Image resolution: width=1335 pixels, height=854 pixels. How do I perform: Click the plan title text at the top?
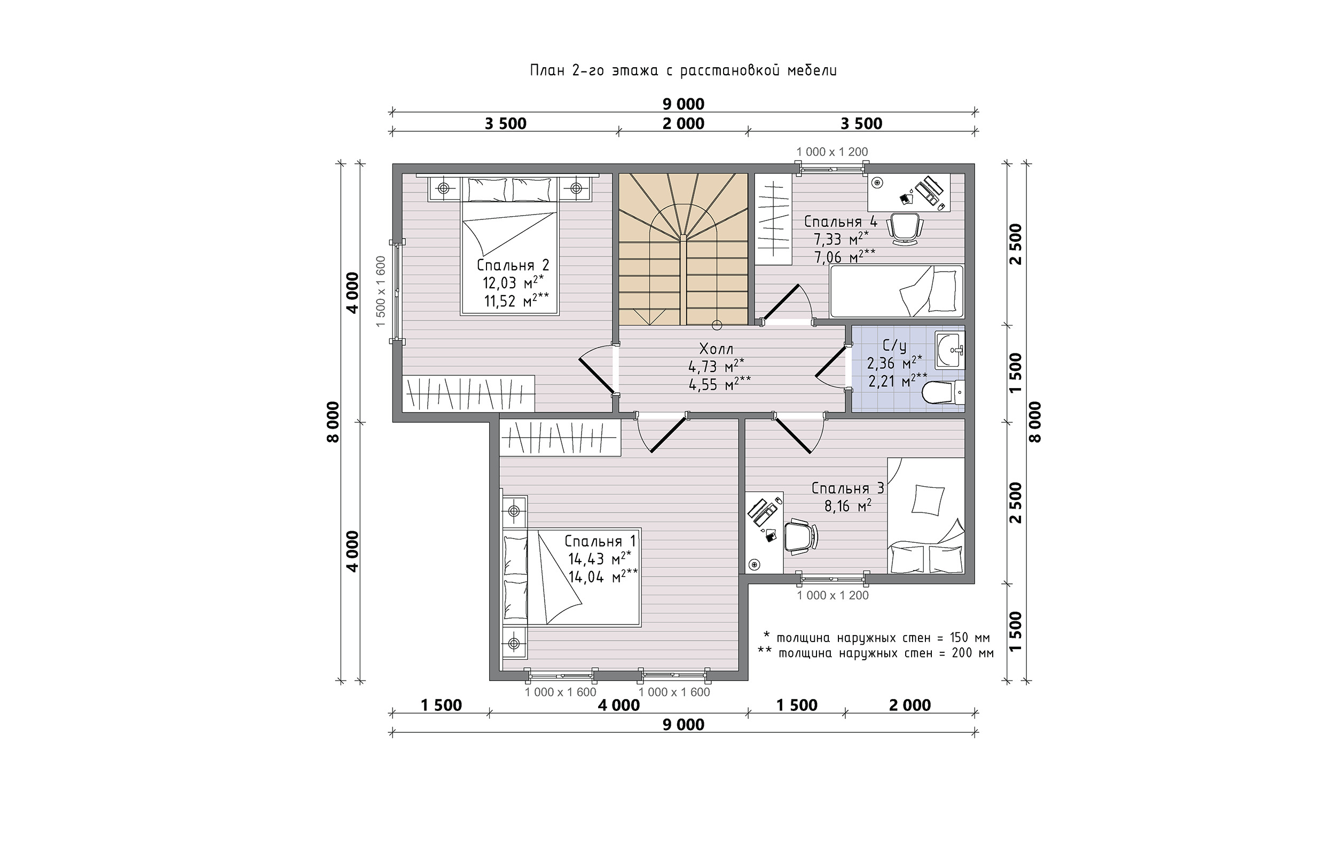[x=684, y=70]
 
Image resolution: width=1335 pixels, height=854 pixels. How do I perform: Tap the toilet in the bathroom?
[x=944, y=393]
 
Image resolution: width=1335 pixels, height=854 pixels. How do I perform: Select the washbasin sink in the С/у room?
[x=950, y=350]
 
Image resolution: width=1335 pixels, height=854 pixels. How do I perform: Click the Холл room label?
[x=716, y=349]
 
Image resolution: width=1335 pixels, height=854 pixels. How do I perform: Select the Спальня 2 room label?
[x=513, y=265]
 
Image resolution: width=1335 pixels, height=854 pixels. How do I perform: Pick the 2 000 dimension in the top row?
[x=684, y=123]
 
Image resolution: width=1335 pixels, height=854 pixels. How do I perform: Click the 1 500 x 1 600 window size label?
[x=381, y=291]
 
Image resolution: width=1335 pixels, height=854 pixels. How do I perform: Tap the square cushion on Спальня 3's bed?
[x=928, y=500]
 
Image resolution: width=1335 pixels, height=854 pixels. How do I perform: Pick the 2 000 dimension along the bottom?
[x=909, y=705]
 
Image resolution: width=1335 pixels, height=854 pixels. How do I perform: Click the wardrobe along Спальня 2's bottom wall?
[x=469, y=393]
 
